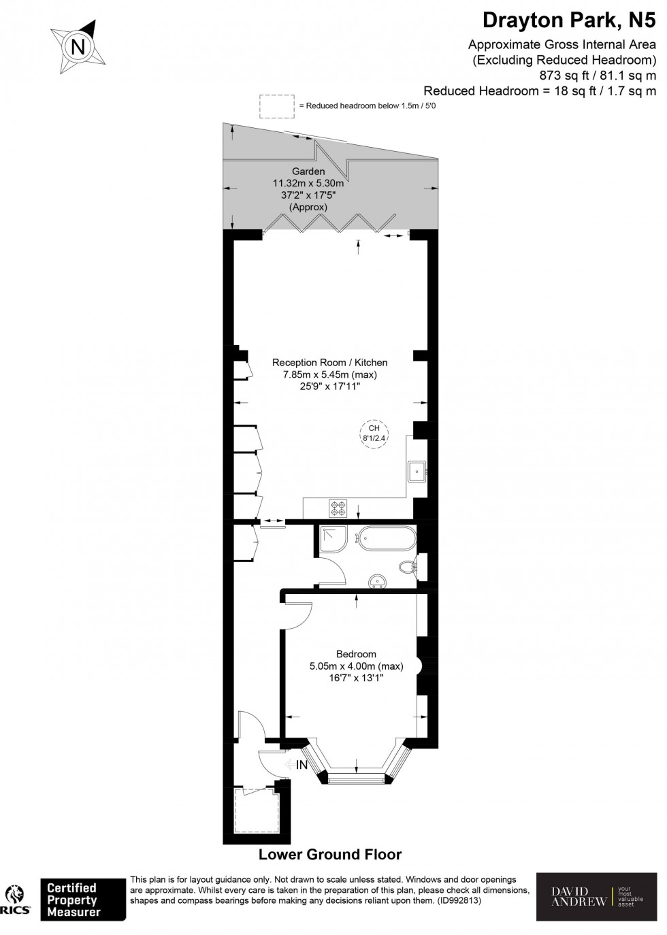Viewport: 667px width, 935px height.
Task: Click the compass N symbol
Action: point(78,47)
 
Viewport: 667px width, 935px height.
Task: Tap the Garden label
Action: point(308,171)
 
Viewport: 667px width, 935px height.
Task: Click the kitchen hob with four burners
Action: point(338,507)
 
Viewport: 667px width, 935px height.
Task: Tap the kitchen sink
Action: point(417,470)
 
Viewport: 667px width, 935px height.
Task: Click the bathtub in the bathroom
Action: point(386,538)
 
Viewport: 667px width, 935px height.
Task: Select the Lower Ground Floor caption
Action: point(330,855)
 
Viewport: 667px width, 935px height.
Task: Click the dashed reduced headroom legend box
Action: point(276,106)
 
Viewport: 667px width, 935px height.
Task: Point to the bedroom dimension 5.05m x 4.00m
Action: point(356,666)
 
